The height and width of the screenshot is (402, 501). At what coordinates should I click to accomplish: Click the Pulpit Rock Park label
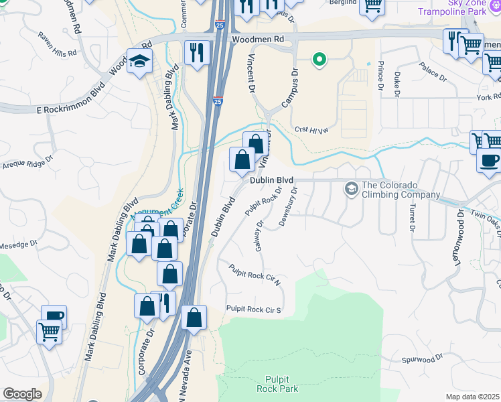[277, 383]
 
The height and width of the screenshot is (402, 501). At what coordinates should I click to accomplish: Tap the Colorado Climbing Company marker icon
[351, 189]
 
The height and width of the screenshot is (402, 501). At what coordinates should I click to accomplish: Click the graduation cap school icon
[140, 62]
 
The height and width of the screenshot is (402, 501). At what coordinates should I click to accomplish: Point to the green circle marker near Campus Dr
[319, 60]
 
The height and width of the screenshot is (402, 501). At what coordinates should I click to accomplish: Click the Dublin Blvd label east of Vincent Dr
[273, 180]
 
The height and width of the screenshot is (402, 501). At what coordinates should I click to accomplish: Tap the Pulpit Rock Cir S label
[253, 310]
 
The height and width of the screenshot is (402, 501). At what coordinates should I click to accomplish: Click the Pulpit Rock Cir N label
[255, 277]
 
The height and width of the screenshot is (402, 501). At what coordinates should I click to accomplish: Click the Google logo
[21, 394]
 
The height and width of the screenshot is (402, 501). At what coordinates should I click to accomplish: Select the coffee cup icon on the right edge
[489, 161]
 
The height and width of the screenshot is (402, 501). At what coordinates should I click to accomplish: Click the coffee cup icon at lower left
[54, 316]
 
